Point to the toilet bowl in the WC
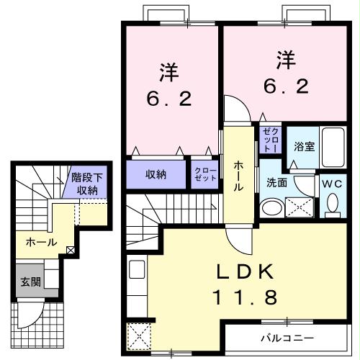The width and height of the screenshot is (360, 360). pos(333,205)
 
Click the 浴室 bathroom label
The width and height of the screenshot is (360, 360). pos(304,146)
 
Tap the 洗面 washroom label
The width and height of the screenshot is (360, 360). pos(277,183)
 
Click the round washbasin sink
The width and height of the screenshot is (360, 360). pos(272,208)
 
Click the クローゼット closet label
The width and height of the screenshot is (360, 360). pos(206,174)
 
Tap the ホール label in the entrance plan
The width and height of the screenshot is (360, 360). pos(41,242)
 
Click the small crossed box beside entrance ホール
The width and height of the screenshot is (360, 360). pos(70,250)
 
